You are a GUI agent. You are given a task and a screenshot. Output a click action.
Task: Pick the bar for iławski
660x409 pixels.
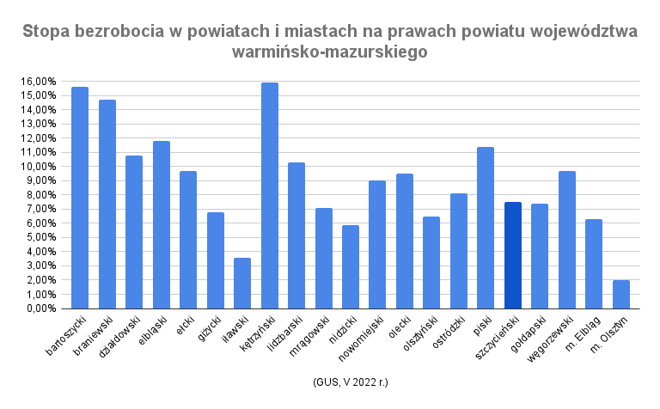pos(242,283)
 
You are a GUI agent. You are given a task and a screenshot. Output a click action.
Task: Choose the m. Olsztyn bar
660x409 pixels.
pos(621,294)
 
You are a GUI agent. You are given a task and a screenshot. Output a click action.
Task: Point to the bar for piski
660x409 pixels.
pos(486,228)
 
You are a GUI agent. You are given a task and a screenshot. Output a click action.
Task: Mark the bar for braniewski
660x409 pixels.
pos(107,204)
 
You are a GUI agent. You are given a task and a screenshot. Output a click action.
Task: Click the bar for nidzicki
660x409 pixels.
pos(351,266)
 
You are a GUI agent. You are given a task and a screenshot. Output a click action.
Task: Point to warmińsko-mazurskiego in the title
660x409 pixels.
pos(330,52)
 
